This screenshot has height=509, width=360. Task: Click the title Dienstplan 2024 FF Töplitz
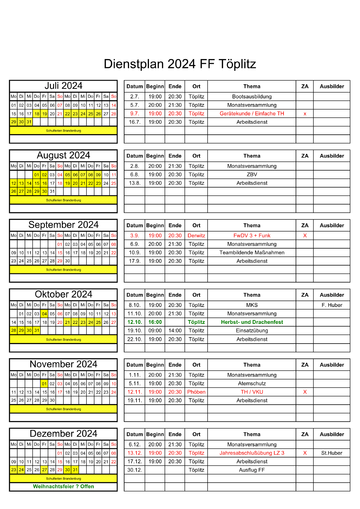180,64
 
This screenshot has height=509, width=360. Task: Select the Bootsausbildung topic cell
252,96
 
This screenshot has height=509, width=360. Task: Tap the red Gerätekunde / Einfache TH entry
252,113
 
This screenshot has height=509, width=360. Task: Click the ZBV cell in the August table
252,174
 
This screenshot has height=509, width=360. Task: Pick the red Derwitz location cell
196,235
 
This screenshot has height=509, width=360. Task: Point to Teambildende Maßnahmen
252,252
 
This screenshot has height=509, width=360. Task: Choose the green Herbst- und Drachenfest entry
252,322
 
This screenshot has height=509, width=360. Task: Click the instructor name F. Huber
332,305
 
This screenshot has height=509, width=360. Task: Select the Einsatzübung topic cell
252,331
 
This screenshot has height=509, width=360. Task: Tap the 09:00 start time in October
155,331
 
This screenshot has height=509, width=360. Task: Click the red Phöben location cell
196,392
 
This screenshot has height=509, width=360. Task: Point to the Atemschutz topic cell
252,383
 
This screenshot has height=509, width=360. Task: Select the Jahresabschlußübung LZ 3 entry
252,453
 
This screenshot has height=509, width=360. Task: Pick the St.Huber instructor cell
332,453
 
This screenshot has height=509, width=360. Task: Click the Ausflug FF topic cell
252,470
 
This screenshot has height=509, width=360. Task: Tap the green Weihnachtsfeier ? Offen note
63,486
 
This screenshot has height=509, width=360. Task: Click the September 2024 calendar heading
63,225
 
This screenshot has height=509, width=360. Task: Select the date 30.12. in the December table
135,470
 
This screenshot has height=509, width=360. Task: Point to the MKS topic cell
252,305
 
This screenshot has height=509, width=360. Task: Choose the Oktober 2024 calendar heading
63,294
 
